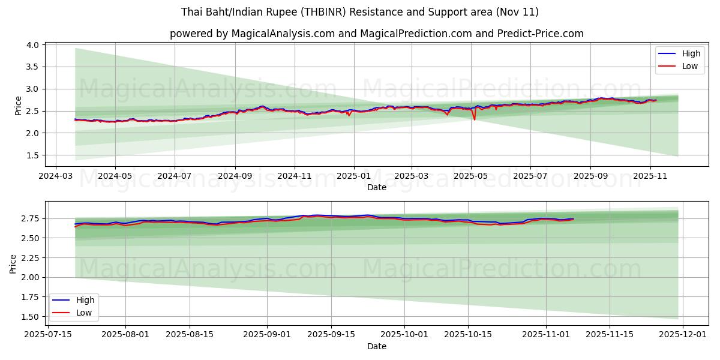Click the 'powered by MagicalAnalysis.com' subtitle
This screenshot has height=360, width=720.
[x=376, y=34]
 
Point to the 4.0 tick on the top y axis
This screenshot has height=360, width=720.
[x=32, y=45]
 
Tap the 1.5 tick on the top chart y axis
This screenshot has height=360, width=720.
[x=32, y=155]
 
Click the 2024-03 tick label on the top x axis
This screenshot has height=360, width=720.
[x=56, y=177]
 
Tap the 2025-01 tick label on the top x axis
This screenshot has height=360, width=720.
[x=353, y=177]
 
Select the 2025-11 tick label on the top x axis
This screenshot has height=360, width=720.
[x=650, y=177]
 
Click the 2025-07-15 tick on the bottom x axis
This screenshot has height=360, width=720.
[x=48, y=334]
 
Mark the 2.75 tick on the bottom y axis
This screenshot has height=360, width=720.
[x=29, y=218]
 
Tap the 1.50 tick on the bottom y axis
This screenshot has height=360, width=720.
[x=29, y=317]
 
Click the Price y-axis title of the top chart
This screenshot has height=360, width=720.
[x=18, y=106]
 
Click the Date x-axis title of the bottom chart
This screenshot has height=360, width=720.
[x=376, y=346]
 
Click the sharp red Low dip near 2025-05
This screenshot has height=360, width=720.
[x=475, y=119]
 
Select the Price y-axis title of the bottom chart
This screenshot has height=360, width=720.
[x=13, y=263]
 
